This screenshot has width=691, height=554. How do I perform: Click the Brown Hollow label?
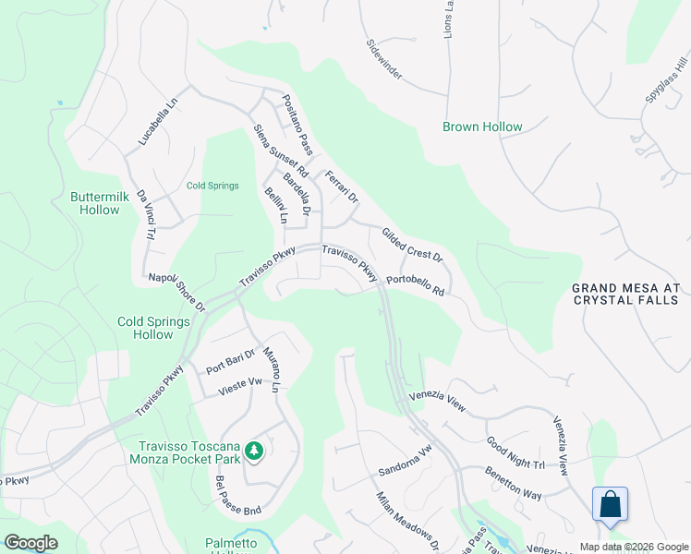(482, 126)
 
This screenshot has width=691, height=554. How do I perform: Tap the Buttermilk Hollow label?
(95, 203)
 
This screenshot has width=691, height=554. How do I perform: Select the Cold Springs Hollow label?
(153, 328)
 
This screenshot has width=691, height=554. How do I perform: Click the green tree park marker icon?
(254, 452)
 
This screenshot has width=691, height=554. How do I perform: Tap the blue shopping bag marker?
(610, 505)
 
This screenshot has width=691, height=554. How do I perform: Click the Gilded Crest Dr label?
(413, 245)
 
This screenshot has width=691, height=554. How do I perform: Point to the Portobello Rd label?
(416, 284)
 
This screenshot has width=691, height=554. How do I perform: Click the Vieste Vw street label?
(240, 386)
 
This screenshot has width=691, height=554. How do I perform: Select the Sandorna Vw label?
(405, 462)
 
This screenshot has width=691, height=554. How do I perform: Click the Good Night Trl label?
(515, 452)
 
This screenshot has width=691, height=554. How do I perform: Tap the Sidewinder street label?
(383, 58)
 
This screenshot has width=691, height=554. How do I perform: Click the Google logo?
(31, 543)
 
